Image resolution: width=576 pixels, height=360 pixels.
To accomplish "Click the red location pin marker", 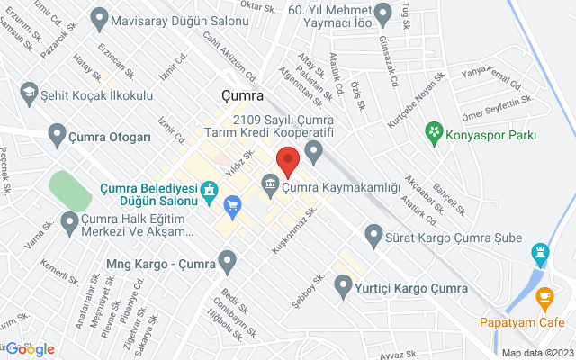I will [x=288, y=162].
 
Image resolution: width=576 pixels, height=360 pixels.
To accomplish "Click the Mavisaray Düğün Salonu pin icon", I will [x=100, y=16].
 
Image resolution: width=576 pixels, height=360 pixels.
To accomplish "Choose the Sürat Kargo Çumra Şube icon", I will [x=374, y=238].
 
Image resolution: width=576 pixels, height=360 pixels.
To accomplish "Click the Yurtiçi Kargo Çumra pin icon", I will [x=342, y=288].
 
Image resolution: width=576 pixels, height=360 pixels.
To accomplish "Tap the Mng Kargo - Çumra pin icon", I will [x=227, y=262].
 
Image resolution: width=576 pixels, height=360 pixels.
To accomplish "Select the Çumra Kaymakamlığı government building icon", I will [x=269, y=186].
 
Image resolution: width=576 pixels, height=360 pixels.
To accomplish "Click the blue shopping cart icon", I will [x=233, y=205].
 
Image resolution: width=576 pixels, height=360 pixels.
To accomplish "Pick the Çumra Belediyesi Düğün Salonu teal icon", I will [x=210, y=190].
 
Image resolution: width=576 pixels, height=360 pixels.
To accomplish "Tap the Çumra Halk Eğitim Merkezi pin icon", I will [x=68, y=221].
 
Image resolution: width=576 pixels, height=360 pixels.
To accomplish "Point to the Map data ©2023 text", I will [x=536, y=353].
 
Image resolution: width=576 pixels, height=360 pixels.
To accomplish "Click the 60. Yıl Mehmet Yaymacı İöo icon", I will [x=382, y=13].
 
